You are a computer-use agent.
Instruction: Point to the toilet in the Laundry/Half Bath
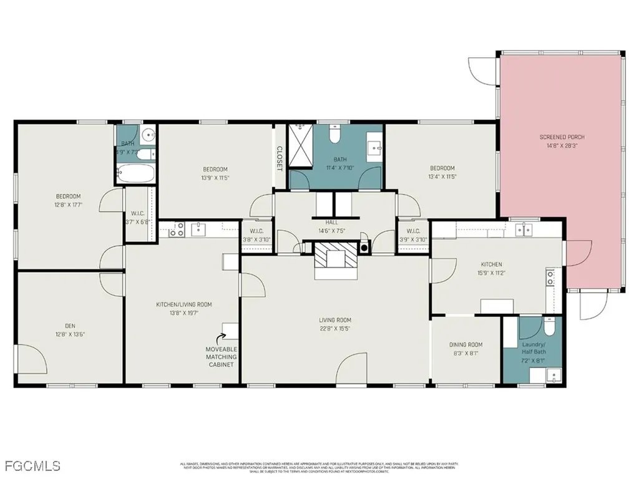[549, 327]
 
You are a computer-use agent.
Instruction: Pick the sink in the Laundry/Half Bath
[552, 375]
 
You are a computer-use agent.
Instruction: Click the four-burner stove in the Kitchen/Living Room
[175, 230]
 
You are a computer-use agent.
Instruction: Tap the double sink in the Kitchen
[523, 230]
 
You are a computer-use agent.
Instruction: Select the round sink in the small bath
[147, 135]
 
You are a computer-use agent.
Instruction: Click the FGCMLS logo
[32, 465]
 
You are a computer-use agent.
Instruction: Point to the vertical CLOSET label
[279, 158]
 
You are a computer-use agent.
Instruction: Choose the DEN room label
[69, 325]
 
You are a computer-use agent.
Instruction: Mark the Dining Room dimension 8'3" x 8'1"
[466, 353]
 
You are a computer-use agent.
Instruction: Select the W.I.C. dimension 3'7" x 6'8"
[138, 221]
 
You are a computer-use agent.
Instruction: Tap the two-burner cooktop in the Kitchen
[550, 276]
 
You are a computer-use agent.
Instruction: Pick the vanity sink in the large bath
[374, 147]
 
